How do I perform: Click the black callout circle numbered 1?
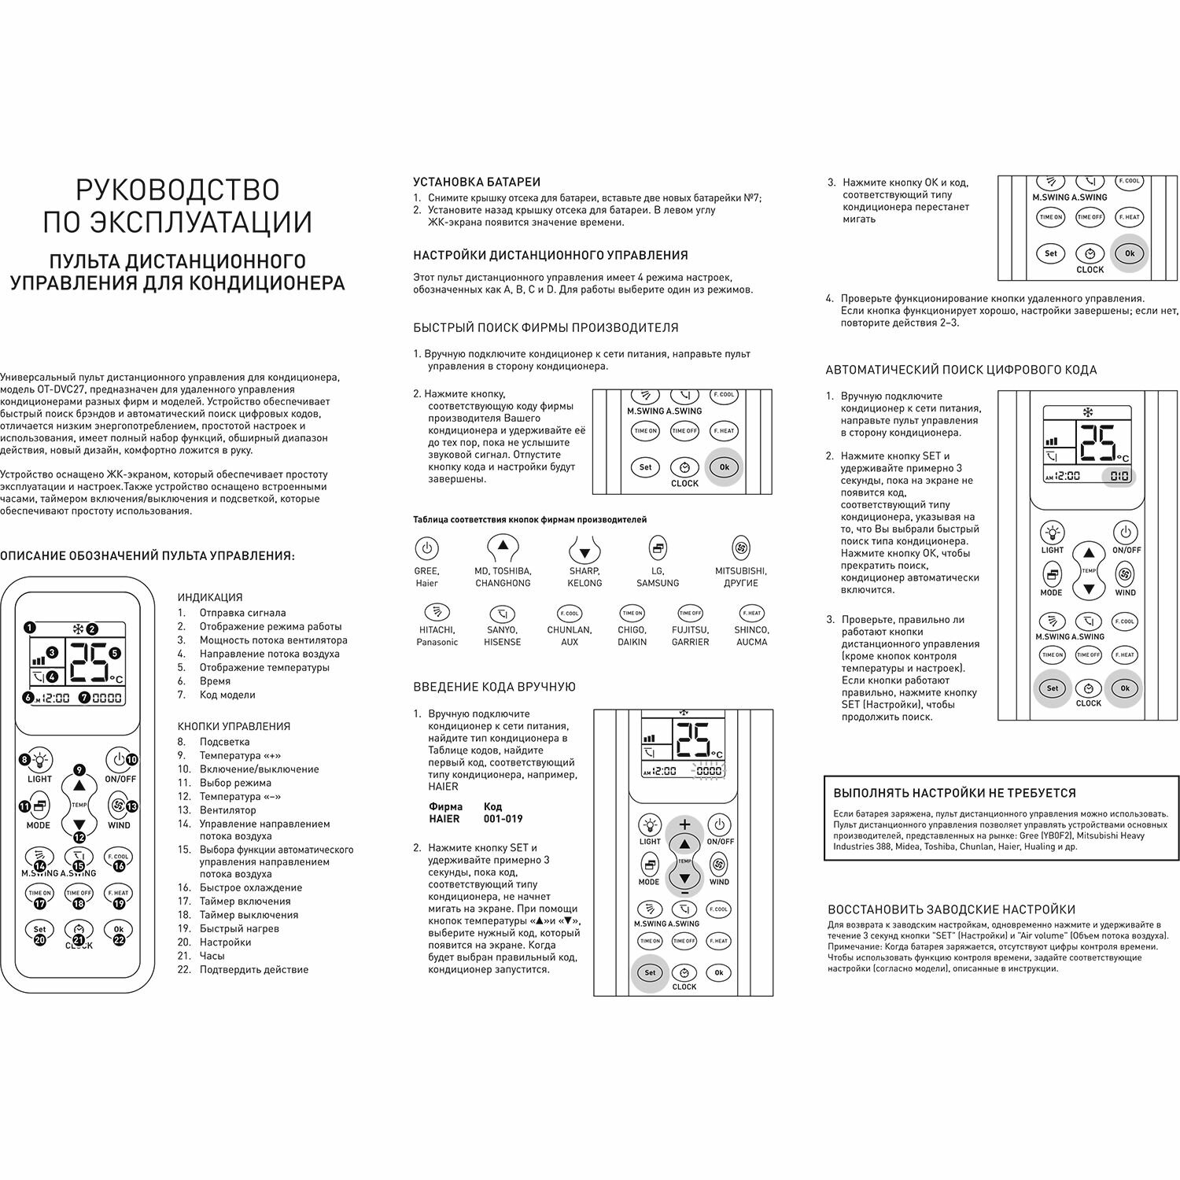[29, 628]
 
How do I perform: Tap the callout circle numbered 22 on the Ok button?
[120, 939]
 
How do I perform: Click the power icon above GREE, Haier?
[426, 548]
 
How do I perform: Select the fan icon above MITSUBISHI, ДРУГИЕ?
[741, 548]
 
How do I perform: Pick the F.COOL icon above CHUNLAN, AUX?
[570, 613]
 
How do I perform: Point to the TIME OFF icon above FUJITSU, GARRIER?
[690, 613]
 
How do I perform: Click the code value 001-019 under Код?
[503, 819]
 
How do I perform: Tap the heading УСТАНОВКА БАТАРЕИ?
[477, 182]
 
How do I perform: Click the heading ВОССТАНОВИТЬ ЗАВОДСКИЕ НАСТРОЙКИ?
[951, 909]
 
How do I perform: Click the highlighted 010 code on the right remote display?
[1119, 476]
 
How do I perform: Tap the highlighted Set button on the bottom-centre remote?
[650, 973]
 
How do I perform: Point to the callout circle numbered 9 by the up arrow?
[79, 770]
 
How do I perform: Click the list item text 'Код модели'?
[227, 695]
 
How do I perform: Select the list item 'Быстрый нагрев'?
[239, 928]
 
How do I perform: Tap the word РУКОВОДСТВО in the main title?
[178, 190]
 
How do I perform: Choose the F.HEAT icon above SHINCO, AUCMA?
[751, 613]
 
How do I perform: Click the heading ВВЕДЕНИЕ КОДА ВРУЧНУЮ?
[494, 687]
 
